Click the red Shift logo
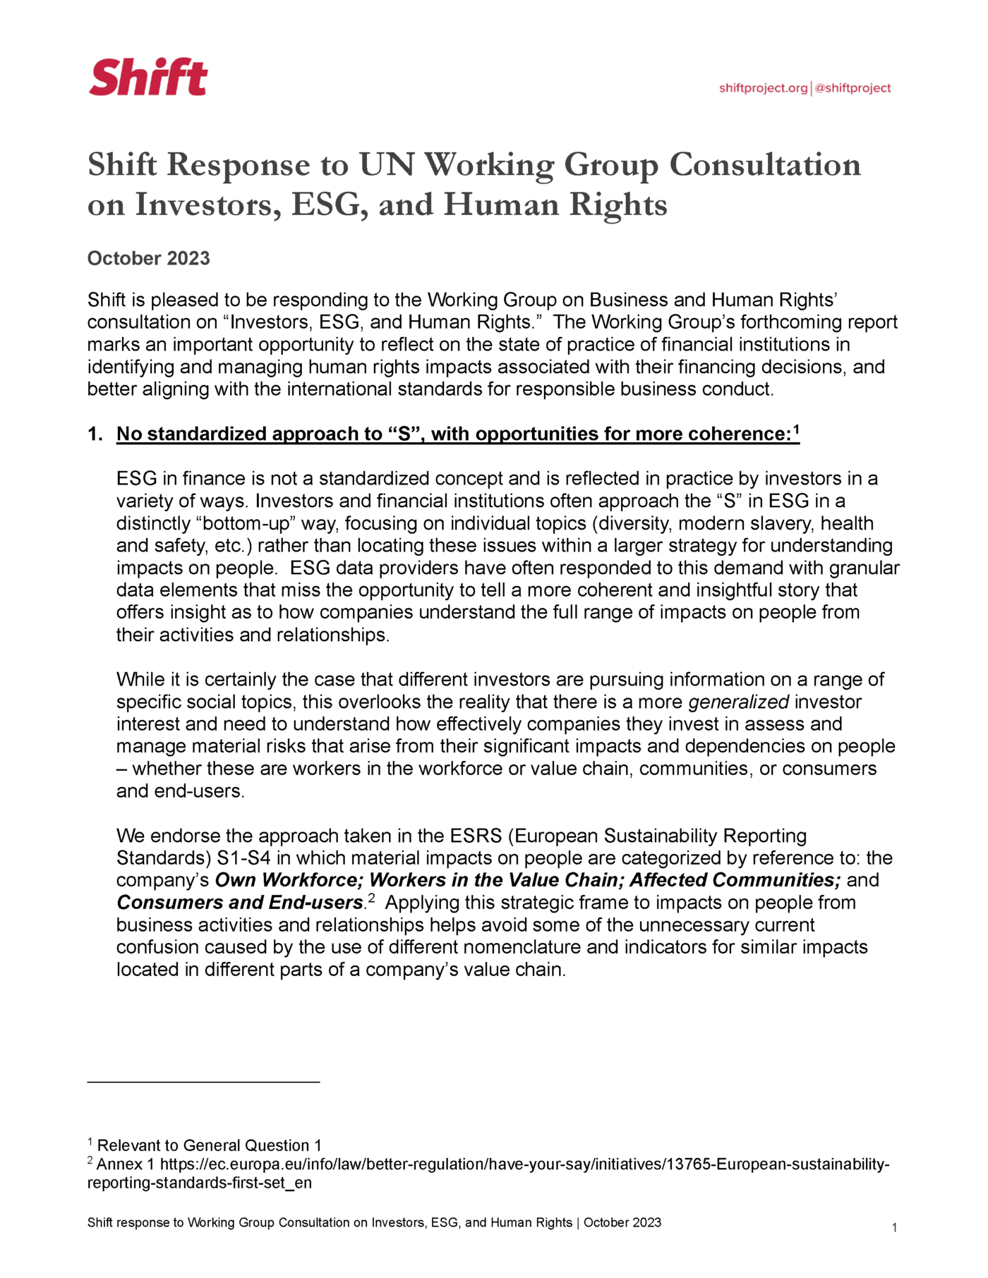(x=148, y=77)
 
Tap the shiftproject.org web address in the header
(x=763, y=88)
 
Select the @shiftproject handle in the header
(x=853, y=88)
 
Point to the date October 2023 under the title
(x=148, y=258)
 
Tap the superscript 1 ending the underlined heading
(x=796, y=429)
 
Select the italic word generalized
(x=738, y=702)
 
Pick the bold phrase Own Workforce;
(x=289, y=880)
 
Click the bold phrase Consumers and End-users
(x=239, y=903)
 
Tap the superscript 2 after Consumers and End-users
(x=371, y=898)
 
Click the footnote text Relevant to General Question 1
(x=209, y=1145)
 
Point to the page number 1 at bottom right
(x=894, y=1228)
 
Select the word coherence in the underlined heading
(x=738, y=434)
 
